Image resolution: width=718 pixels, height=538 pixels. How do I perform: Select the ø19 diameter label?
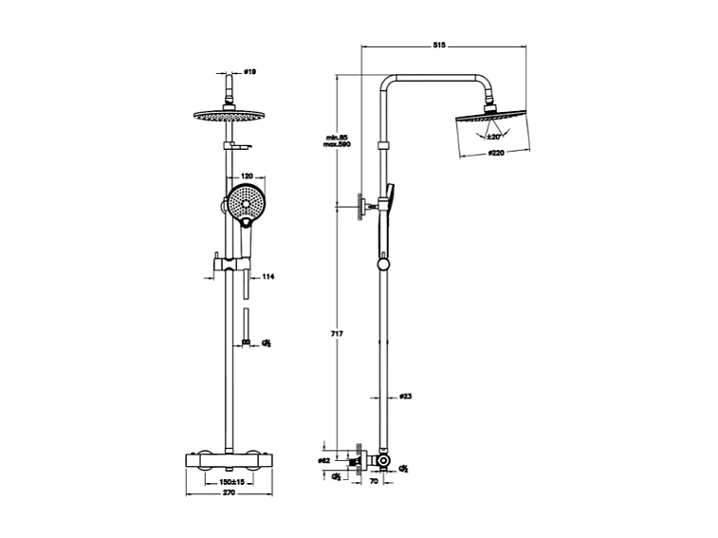[250, 71]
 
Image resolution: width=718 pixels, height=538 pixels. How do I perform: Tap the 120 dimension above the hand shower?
[247, 176]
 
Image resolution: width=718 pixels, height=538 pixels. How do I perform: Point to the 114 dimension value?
[267, 277]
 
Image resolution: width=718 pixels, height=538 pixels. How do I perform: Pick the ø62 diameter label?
[323, 461]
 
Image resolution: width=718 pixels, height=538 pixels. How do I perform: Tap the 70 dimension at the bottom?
[374, 483]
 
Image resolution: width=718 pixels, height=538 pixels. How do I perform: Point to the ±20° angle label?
[493, 137]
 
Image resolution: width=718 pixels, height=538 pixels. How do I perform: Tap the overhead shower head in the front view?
[228, 116]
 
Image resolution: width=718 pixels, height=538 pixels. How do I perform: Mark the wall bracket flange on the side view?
[361, 207]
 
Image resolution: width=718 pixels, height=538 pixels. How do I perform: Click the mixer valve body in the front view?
[229, 462]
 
